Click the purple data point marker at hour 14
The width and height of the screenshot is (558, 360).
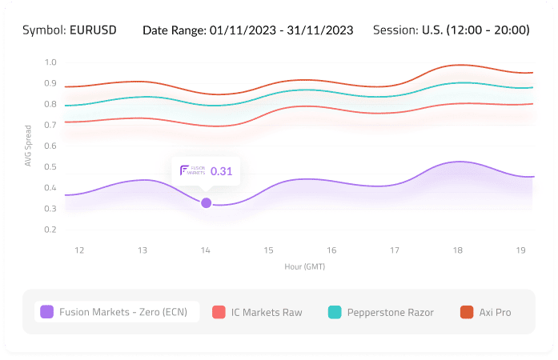pyautogui.click(x=206, y=203)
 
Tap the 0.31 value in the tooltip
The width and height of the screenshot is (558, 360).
pyautogui.click(x=221, y=170)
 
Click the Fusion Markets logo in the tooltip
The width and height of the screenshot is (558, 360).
pyautogui.click(x=193, y=170)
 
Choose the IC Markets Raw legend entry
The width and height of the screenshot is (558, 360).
pyautogui.click(x=258, y=312)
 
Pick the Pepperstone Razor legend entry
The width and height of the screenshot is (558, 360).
pyautogui.click(x=381, y=312)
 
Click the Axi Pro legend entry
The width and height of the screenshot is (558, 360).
pyautogui.click(x=485, y=312)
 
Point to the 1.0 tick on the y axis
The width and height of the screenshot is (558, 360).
pyautogui.click(x=50, y=62)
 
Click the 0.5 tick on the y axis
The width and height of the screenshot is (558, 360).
pyautogui.click(x=50, y=167)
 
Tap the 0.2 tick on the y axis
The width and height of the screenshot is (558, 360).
pyautogui.click(x=50, y=230)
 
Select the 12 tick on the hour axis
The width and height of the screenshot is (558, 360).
pyautogui.click(x=79, y=250)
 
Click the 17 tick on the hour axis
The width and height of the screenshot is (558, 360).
pyautogui.click(x=395, y=250)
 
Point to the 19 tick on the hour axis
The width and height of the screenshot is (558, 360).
pyautogui.click(x=520, y=250)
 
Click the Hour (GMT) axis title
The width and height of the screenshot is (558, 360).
pyautogui.click(x=304, y=266)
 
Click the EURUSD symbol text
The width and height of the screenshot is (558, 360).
pyautogui.click(x=93, y=30)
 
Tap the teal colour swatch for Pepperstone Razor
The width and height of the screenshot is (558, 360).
pyautogui.click(x=335, y=312)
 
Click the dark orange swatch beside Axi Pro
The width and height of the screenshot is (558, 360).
pyautogui.click(x=467, y=312)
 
